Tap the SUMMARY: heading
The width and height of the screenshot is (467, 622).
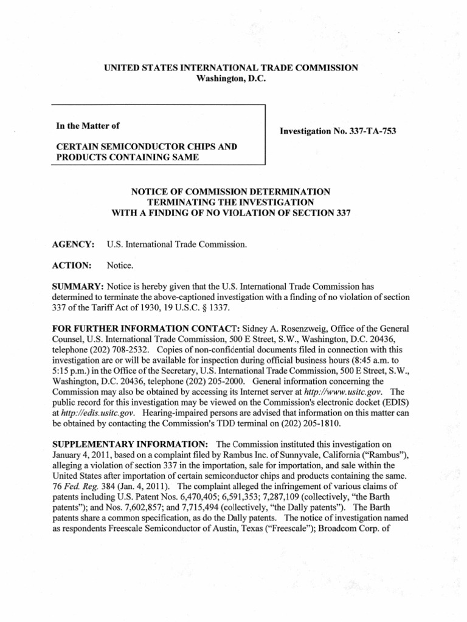tap(80, 287)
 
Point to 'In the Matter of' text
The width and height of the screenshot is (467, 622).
tap(88, 126)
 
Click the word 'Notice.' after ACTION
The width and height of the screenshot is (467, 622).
tap(120, 265)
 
